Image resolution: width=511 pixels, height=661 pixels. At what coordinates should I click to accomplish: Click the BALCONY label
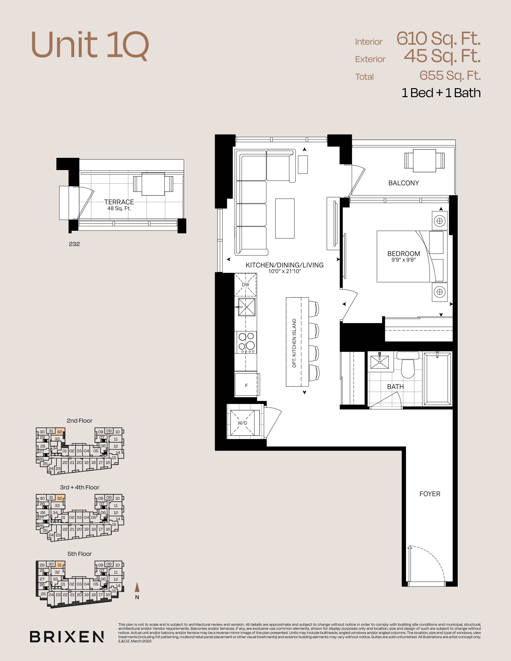pos(404,183)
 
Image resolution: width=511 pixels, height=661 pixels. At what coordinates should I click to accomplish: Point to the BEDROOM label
pos(404,254)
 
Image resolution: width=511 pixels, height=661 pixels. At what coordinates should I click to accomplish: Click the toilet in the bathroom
pos(407,365)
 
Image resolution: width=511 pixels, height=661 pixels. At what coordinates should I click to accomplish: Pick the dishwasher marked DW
pos(245,284)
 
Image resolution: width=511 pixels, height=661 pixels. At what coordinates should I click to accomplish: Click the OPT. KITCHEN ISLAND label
pos(294,343)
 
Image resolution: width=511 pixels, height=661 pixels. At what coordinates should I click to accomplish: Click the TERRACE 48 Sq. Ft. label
pos(119,205)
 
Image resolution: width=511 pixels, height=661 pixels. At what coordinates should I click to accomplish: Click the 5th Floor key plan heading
pos(80,554)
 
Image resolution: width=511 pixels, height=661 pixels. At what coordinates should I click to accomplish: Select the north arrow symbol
pos(137,587)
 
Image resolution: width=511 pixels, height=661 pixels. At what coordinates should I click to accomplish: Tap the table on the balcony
pos(425,161)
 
